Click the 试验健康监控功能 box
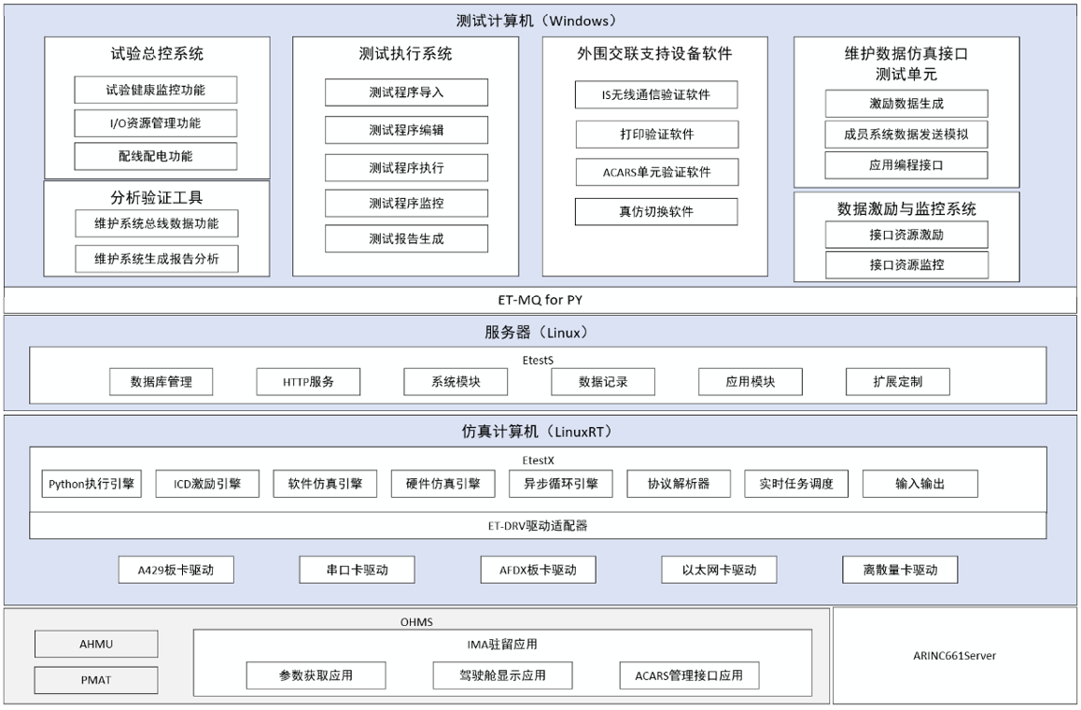156,90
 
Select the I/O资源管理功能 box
156,122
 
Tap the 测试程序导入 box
406,92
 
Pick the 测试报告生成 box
406,239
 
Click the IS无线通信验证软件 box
656,94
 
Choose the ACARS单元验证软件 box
657,172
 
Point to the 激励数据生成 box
906,104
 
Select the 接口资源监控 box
906,265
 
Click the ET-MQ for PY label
540,300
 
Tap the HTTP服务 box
308,381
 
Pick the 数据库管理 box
161,381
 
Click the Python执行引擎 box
91,484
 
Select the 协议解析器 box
679,484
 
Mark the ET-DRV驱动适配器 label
538,526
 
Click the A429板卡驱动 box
175,570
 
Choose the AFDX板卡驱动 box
538,570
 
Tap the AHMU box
96,644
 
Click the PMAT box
96,680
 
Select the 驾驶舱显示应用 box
502,675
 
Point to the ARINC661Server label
954,656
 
